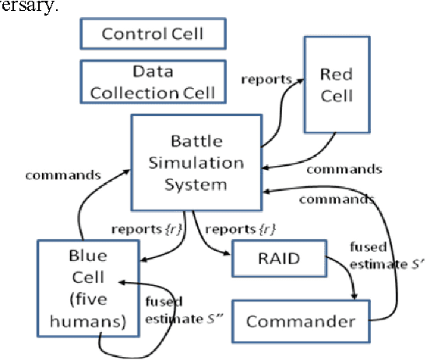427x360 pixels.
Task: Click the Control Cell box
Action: click(x=153, y=34)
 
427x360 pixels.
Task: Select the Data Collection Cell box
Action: click(x=153, y=81)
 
